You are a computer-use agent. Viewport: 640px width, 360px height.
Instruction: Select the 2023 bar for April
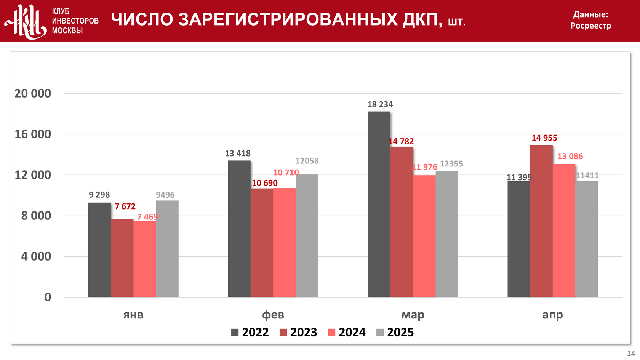tap(541, 221)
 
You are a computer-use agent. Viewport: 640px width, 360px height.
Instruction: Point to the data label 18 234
tap(380, 104)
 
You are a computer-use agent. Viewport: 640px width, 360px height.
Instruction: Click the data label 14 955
tap(544, 138)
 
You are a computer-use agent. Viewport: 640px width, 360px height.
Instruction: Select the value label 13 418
tap(238, 154)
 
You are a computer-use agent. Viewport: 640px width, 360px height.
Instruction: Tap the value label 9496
tap(165, 195)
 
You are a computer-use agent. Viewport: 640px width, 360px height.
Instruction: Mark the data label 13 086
tap(570, 156)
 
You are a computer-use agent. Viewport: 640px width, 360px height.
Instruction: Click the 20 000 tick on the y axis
tap(33, 93)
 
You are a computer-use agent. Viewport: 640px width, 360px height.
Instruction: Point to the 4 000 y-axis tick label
tap(36, 256)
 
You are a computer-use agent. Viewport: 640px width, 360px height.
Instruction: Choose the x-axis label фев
tap(273, 315)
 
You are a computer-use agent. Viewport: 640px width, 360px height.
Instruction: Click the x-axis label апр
tap(552, 315)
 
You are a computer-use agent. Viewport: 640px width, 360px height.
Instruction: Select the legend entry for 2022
tap(250, 332)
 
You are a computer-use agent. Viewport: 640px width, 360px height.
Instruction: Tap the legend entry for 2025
tap(395, 332)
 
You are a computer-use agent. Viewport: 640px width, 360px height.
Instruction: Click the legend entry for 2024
tap(347, 332)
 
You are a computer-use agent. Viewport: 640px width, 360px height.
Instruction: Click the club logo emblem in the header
tap(26, 21)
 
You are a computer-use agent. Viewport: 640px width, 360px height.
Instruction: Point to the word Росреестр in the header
tap(590, 26)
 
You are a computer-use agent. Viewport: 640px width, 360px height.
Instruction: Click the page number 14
tap(631, 354)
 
